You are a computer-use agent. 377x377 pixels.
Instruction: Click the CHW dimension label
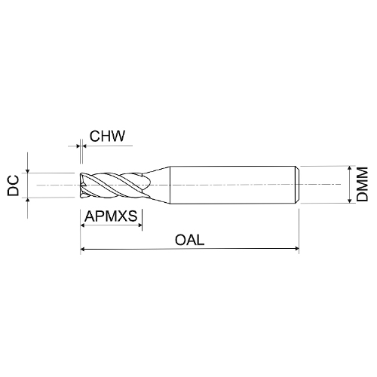[x=106, y=137]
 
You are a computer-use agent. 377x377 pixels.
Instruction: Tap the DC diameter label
[x=13, y=186]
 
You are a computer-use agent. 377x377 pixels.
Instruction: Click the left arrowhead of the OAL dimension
[x=83, y=250]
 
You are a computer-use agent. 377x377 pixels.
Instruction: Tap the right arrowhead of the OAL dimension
[x=296, y=250]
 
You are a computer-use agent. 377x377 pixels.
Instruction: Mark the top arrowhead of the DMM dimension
[x=349, y=168]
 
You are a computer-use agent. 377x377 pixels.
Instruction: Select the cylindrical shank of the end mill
[x=234, y=185]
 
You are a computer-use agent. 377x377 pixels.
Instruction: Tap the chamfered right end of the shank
[x=299, y=185]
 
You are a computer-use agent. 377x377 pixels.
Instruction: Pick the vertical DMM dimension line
[x=349, y=185]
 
